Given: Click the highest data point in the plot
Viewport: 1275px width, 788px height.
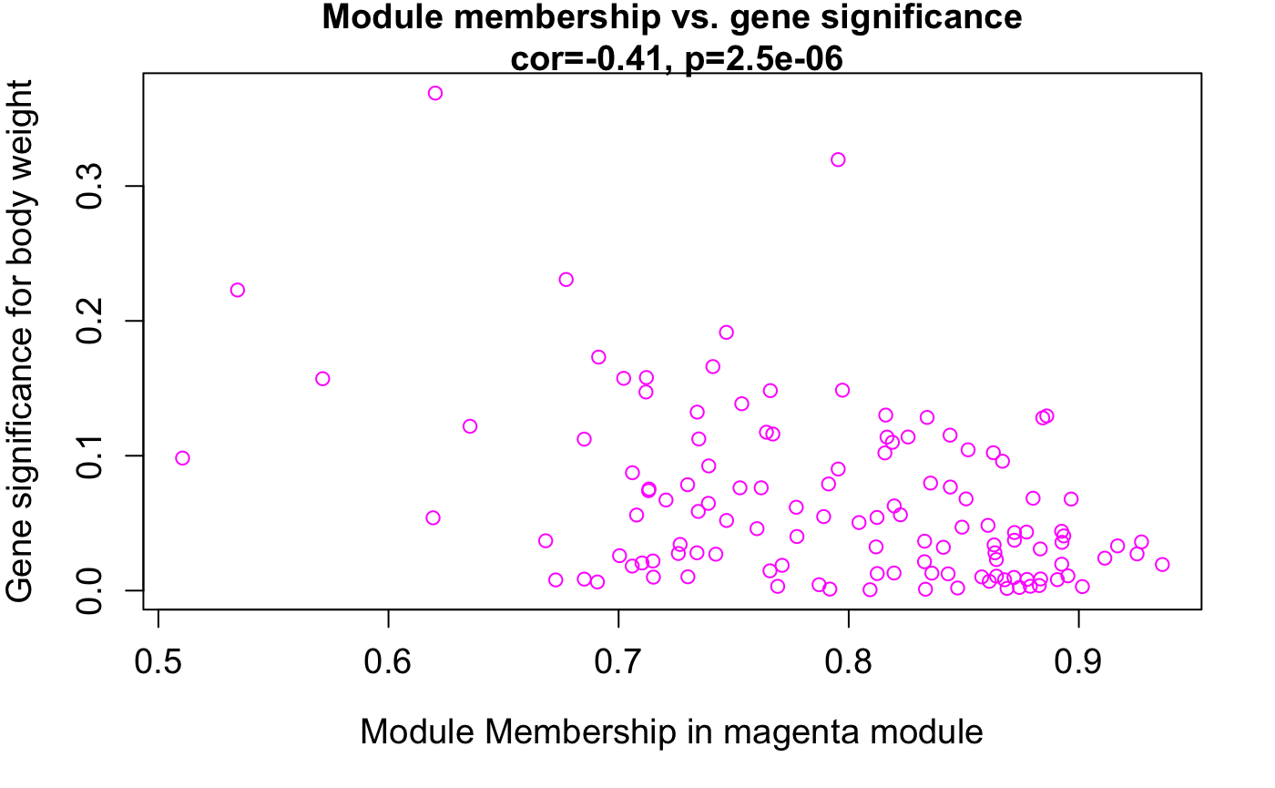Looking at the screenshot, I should point(435,93).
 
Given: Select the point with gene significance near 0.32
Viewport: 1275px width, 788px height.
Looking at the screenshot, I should point(838,159).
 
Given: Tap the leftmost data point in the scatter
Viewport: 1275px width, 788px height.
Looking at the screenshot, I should point(182,457).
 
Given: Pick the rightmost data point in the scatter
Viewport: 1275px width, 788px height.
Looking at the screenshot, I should point(1162,565).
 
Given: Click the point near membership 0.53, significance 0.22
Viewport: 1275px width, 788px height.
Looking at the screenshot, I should point(238,290).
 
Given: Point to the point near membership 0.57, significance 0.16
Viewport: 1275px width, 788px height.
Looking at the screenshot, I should point(322,378).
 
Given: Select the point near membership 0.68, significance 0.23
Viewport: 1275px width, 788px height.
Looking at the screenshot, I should point(566,280).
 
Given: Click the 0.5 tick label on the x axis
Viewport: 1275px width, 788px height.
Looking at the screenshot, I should point(158,662).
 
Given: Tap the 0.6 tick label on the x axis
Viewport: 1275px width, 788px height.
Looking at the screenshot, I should point(388,662).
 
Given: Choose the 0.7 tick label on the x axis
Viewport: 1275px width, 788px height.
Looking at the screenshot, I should point(618,662).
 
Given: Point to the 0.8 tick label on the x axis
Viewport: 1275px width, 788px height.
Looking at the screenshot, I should point(848,662).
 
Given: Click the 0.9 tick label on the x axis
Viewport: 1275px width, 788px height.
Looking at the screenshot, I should point(1077,662).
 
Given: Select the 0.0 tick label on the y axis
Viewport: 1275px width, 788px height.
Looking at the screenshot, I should point(91,590).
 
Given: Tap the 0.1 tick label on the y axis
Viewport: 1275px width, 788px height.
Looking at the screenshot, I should point(91,455).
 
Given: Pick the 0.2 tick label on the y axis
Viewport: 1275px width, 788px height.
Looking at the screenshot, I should point(91,321).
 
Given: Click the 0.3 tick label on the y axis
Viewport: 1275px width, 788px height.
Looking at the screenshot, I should point(91,186).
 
